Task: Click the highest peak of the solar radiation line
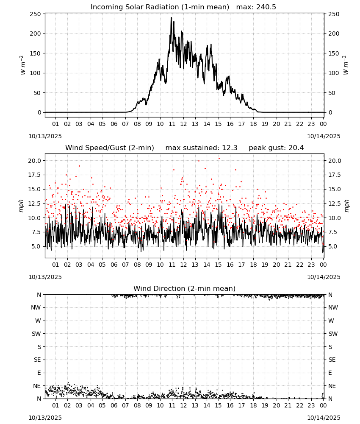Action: (x=171, y=18)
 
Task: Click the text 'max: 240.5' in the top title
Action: (x=256, y=7)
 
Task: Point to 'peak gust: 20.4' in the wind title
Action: (x=276, y=148)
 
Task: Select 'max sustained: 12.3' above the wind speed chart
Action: (x=201, y=148)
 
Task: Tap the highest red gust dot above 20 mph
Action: (x=219, y=159)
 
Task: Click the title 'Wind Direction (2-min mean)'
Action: (x=185, y=288)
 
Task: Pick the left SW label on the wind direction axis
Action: (x=36, y=334)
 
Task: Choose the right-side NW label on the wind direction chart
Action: (x=333, y=307)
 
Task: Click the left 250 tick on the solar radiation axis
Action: (x=36, y=14)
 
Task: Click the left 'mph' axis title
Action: (x=21, y=206)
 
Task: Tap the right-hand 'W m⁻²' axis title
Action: (x=346, y=65)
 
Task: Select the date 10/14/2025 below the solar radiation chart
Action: (x=324, y=136)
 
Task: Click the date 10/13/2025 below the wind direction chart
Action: (x=45, y=418)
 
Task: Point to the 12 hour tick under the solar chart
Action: (x=183, y=124)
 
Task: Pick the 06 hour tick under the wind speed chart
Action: (x=114, y=265)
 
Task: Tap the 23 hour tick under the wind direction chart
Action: (x=311, y=405)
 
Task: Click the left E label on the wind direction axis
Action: (x=39, y=373)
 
